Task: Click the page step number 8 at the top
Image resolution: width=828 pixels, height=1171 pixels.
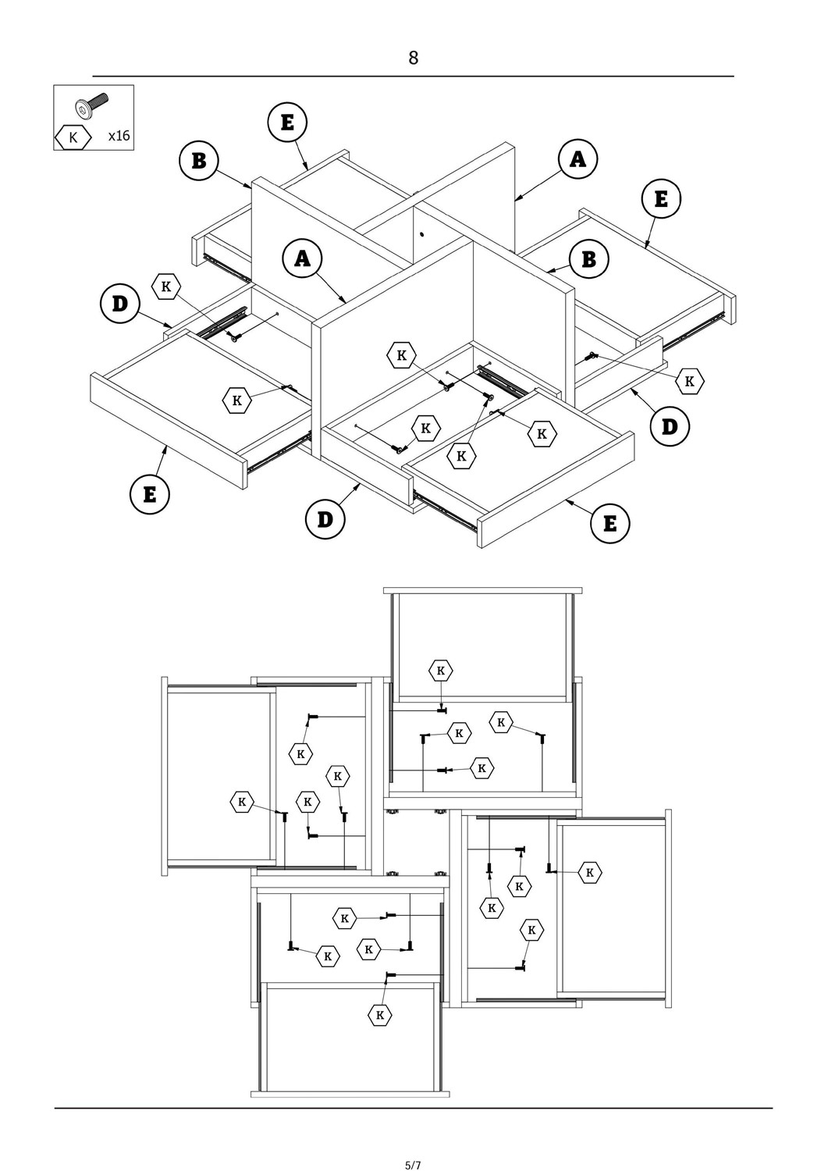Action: [x=413, y=58]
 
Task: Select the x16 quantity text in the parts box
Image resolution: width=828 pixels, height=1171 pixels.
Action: [x=119, y=136]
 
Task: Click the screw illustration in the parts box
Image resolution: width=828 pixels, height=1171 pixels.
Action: [x=91, y=105]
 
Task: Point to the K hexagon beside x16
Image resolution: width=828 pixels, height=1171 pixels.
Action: [x=73, y=137]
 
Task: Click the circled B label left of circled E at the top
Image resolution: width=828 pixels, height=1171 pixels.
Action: [x=198, y=160]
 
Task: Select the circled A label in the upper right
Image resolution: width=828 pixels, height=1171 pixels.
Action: [x=577, y=159]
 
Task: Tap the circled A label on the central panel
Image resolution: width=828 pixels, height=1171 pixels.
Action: [x=303, y=258]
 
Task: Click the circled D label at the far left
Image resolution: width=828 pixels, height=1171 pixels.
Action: [x=119, y=303]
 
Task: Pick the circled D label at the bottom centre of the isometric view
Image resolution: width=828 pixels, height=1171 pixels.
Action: [x=325, y=519]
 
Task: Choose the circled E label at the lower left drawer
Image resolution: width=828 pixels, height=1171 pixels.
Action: [x=149, y=494]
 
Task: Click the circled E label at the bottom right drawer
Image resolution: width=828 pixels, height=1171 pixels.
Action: [x=609, y=523]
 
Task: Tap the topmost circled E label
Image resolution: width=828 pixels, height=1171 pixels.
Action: [x=287, y=123]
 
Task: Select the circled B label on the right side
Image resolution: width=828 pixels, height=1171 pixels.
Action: [x=589, y=258]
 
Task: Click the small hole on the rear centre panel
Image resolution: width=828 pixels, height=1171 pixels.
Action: [x=421, y=233]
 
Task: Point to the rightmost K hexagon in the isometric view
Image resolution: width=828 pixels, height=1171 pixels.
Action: [x=689, y=381]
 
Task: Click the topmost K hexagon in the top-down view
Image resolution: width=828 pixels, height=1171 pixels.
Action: [x=441, y=670]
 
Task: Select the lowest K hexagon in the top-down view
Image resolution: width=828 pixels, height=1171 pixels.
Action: [x=380, y=1015]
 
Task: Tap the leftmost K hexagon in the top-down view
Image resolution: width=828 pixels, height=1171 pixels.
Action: [x=242, y=801]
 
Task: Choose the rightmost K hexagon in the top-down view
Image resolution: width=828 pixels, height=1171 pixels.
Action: [x=590, y=872]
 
